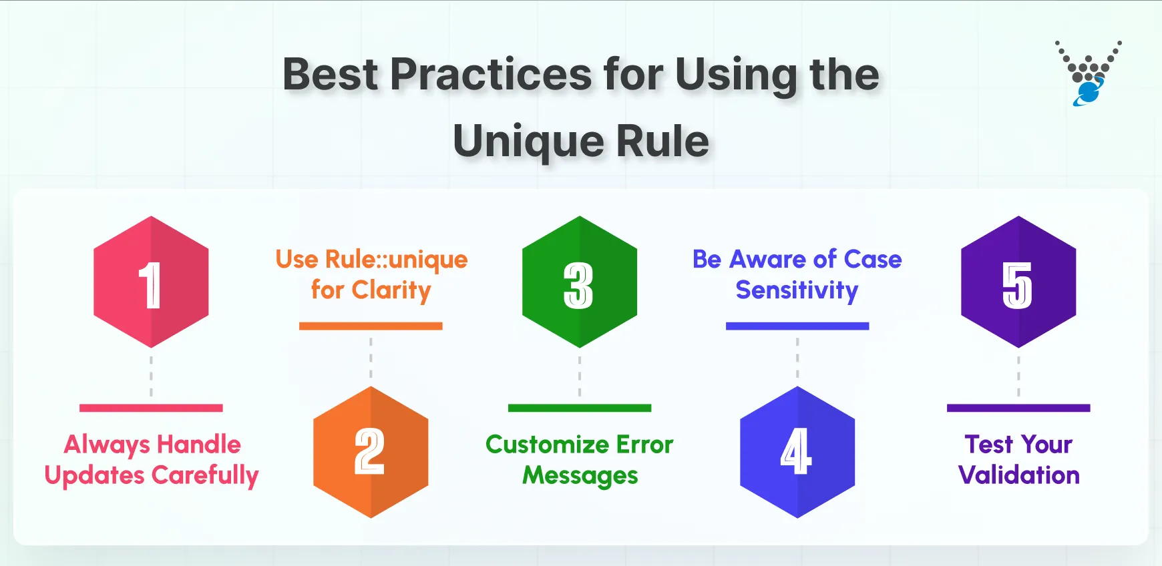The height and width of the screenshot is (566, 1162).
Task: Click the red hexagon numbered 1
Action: (151, 282)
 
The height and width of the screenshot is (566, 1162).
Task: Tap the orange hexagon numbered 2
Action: (371, 452)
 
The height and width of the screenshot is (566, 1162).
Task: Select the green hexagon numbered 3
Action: (579, 282)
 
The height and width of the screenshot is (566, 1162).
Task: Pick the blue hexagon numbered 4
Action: (797, 452)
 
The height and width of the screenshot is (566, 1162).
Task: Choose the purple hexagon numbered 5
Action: (1018, 282)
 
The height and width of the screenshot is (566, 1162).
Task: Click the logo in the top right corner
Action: (1088, 73)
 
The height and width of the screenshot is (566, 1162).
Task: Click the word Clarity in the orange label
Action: (391, 290)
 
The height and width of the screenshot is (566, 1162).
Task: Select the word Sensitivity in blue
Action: (797, 290)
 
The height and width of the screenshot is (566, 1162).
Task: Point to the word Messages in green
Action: (580, 475)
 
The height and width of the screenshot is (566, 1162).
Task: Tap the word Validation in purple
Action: (1018, 475)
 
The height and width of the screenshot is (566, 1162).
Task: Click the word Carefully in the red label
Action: (205, 475)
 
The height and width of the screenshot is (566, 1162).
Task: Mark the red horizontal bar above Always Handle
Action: (151, 408)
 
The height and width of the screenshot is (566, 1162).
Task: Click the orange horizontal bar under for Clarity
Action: (371, 326)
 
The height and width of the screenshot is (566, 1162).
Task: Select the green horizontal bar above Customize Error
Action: (579, 408)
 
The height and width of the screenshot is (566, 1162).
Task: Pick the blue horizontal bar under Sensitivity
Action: (797, 326)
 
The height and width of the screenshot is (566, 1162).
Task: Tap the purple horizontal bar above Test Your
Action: (1018, 408)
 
